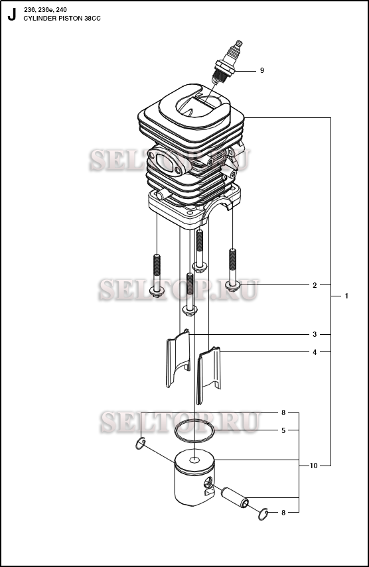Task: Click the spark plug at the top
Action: click(227, 62)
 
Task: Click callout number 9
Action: click(262, 70)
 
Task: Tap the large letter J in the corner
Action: click(12, 15)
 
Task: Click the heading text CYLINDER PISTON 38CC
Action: click(62, 19)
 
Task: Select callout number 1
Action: click(346, 296)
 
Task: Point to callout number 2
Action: click(315, 285)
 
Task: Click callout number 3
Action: click(315, 334)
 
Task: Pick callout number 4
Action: click(315, 352)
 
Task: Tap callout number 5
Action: click(283, 430)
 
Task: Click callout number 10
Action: click(313, 466)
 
